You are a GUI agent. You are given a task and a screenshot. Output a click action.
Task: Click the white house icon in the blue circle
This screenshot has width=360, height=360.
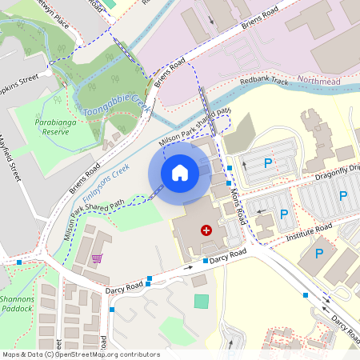tap(180, 172)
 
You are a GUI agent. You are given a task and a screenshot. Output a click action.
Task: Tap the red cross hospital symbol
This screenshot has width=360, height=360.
tap(206, 230)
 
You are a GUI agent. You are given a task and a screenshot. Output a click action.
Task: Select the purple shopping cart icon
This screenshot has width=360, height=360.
tap(97, 258)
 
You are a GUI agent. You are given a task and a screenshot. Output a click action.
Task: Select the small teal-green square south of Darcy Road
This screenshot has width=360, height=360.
tap(202, 301)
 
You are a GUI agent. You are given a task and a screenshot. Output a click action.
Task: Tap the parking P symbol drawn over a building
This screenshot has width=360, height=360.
tap(318, 254)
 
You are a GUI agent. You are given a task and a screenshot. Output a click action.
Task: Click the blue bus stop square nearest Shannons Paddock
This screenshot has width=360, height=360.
tap(19, 262)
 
